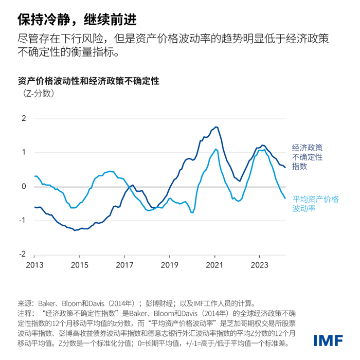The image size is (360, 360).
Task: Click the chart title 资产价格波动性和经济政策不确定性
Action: pos(88,81)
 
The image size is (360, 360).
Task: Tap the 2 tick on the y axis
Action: pos(23,118)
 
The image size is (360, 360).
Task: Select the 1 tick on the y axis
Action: pos(23,152)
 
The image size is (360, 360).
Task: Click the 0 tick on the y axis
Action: pos(23,186)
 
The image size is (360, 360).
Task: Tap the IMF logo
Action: pos(328,340)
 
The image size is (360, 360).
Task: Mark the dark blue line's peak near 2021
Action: pos(217,127)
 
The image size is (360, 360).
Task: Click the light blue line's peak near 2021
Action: pos(216,149)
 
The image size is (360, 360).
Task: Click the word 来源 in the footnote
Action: pos(25,303)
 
